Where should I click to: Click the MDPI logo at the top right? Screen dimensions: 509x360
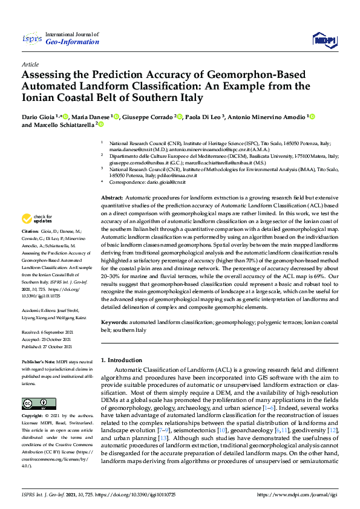tap(324, 40)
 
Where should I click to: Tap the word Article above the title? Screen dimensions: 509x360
tap(30, 64)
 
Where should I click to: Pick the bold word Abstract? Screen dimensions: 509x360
tap(112, 198)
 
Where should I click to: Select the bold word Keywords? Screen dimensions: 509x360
tap(115, 323)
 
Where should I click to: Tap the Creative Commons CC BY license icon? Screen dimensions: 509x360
tap(35, 403)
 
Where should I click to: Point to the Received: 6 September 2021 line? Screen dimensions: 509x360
tap(51, 332)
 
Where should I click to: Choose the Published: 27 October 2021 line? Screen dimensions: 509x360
tap(50, 348)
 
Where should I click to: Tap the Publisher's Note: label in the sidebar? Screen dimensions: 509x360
tap(38, 361)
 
